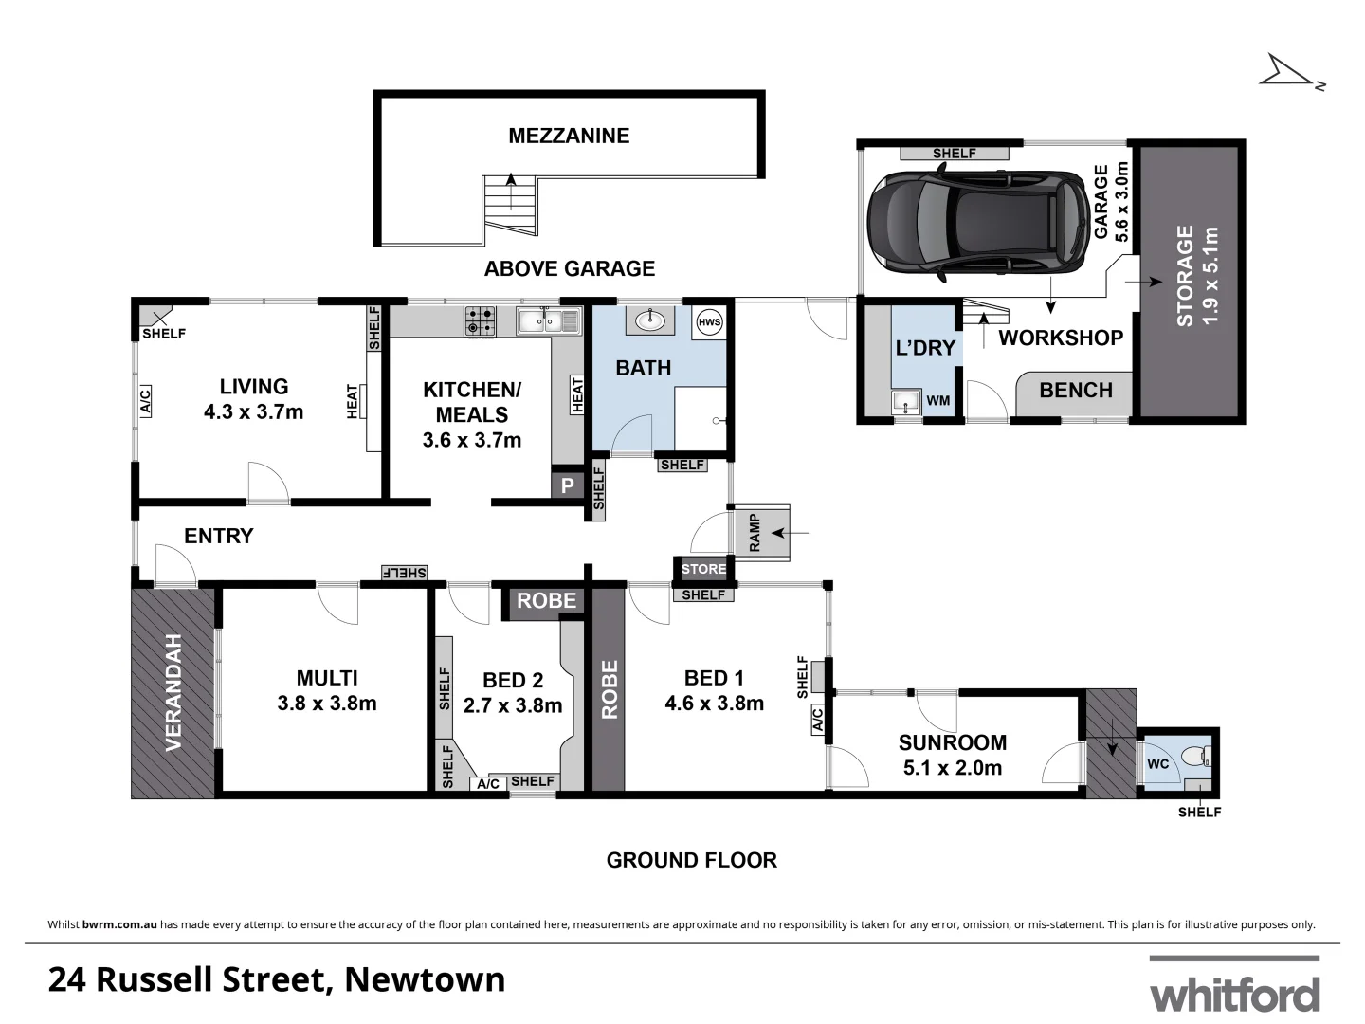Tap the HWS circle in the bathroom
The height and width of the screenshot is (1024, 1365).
click(x=709, y=322)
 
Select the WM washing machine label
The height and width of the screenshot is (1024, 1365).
click(x=937, y=401)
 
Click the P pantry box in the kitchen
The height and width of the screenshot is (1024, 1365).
click(x=568, y=485)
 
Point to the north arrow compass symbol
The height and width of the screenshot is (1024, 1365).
click(x=1289, y=72)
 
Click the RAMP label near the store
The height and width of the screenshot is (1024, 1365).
click(x=755, y=533)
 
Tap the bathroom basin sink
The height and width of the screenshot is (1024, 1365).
click(x=650, y=321)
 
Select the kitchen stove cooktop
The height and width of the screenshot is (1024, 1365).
click(x=481, y=321)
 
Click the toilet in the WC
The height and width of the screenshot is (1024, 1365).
click(x=1203, y=758)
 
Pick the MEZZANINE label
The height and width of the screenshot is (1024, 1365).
click(x=569, y=136)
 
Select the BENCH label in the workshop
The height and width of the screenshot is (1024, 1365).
click(x=1076, y=390)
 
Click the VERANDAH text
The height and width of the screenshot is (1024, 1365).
click(x=173, y=692)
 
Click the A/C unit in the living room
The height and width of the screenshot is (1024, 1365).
click(x=145, y=401)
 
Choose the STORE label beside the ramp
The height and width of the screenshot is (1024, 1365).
click(x=703, y=569)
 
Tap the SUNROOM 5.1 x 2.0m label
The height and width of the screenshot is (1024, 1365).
click(x=953, y=755)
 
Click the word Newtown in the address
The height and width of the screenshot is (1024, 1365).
click(x=425, y=979)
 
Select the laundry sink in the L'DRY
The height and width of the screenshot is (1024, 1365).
click(x=906, y=402)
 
